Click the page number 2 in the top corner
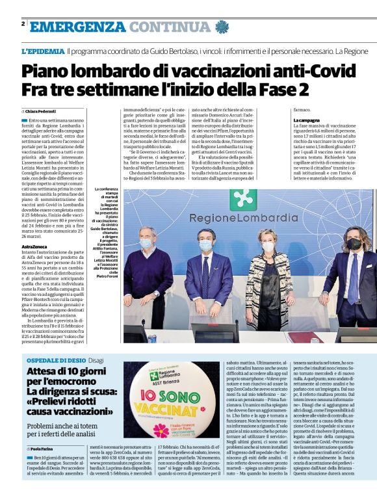coord(23,23)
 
